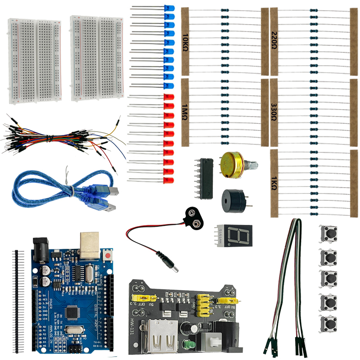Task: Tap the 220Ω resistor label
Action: pos(274,41)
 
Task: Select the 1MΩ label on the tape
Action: pos(185,112)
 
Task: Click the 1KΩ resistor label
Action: pos(274,183)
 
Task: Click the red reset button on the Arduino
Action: pos(108,256)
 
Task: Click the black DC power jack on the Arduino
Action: pos(40,249)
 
